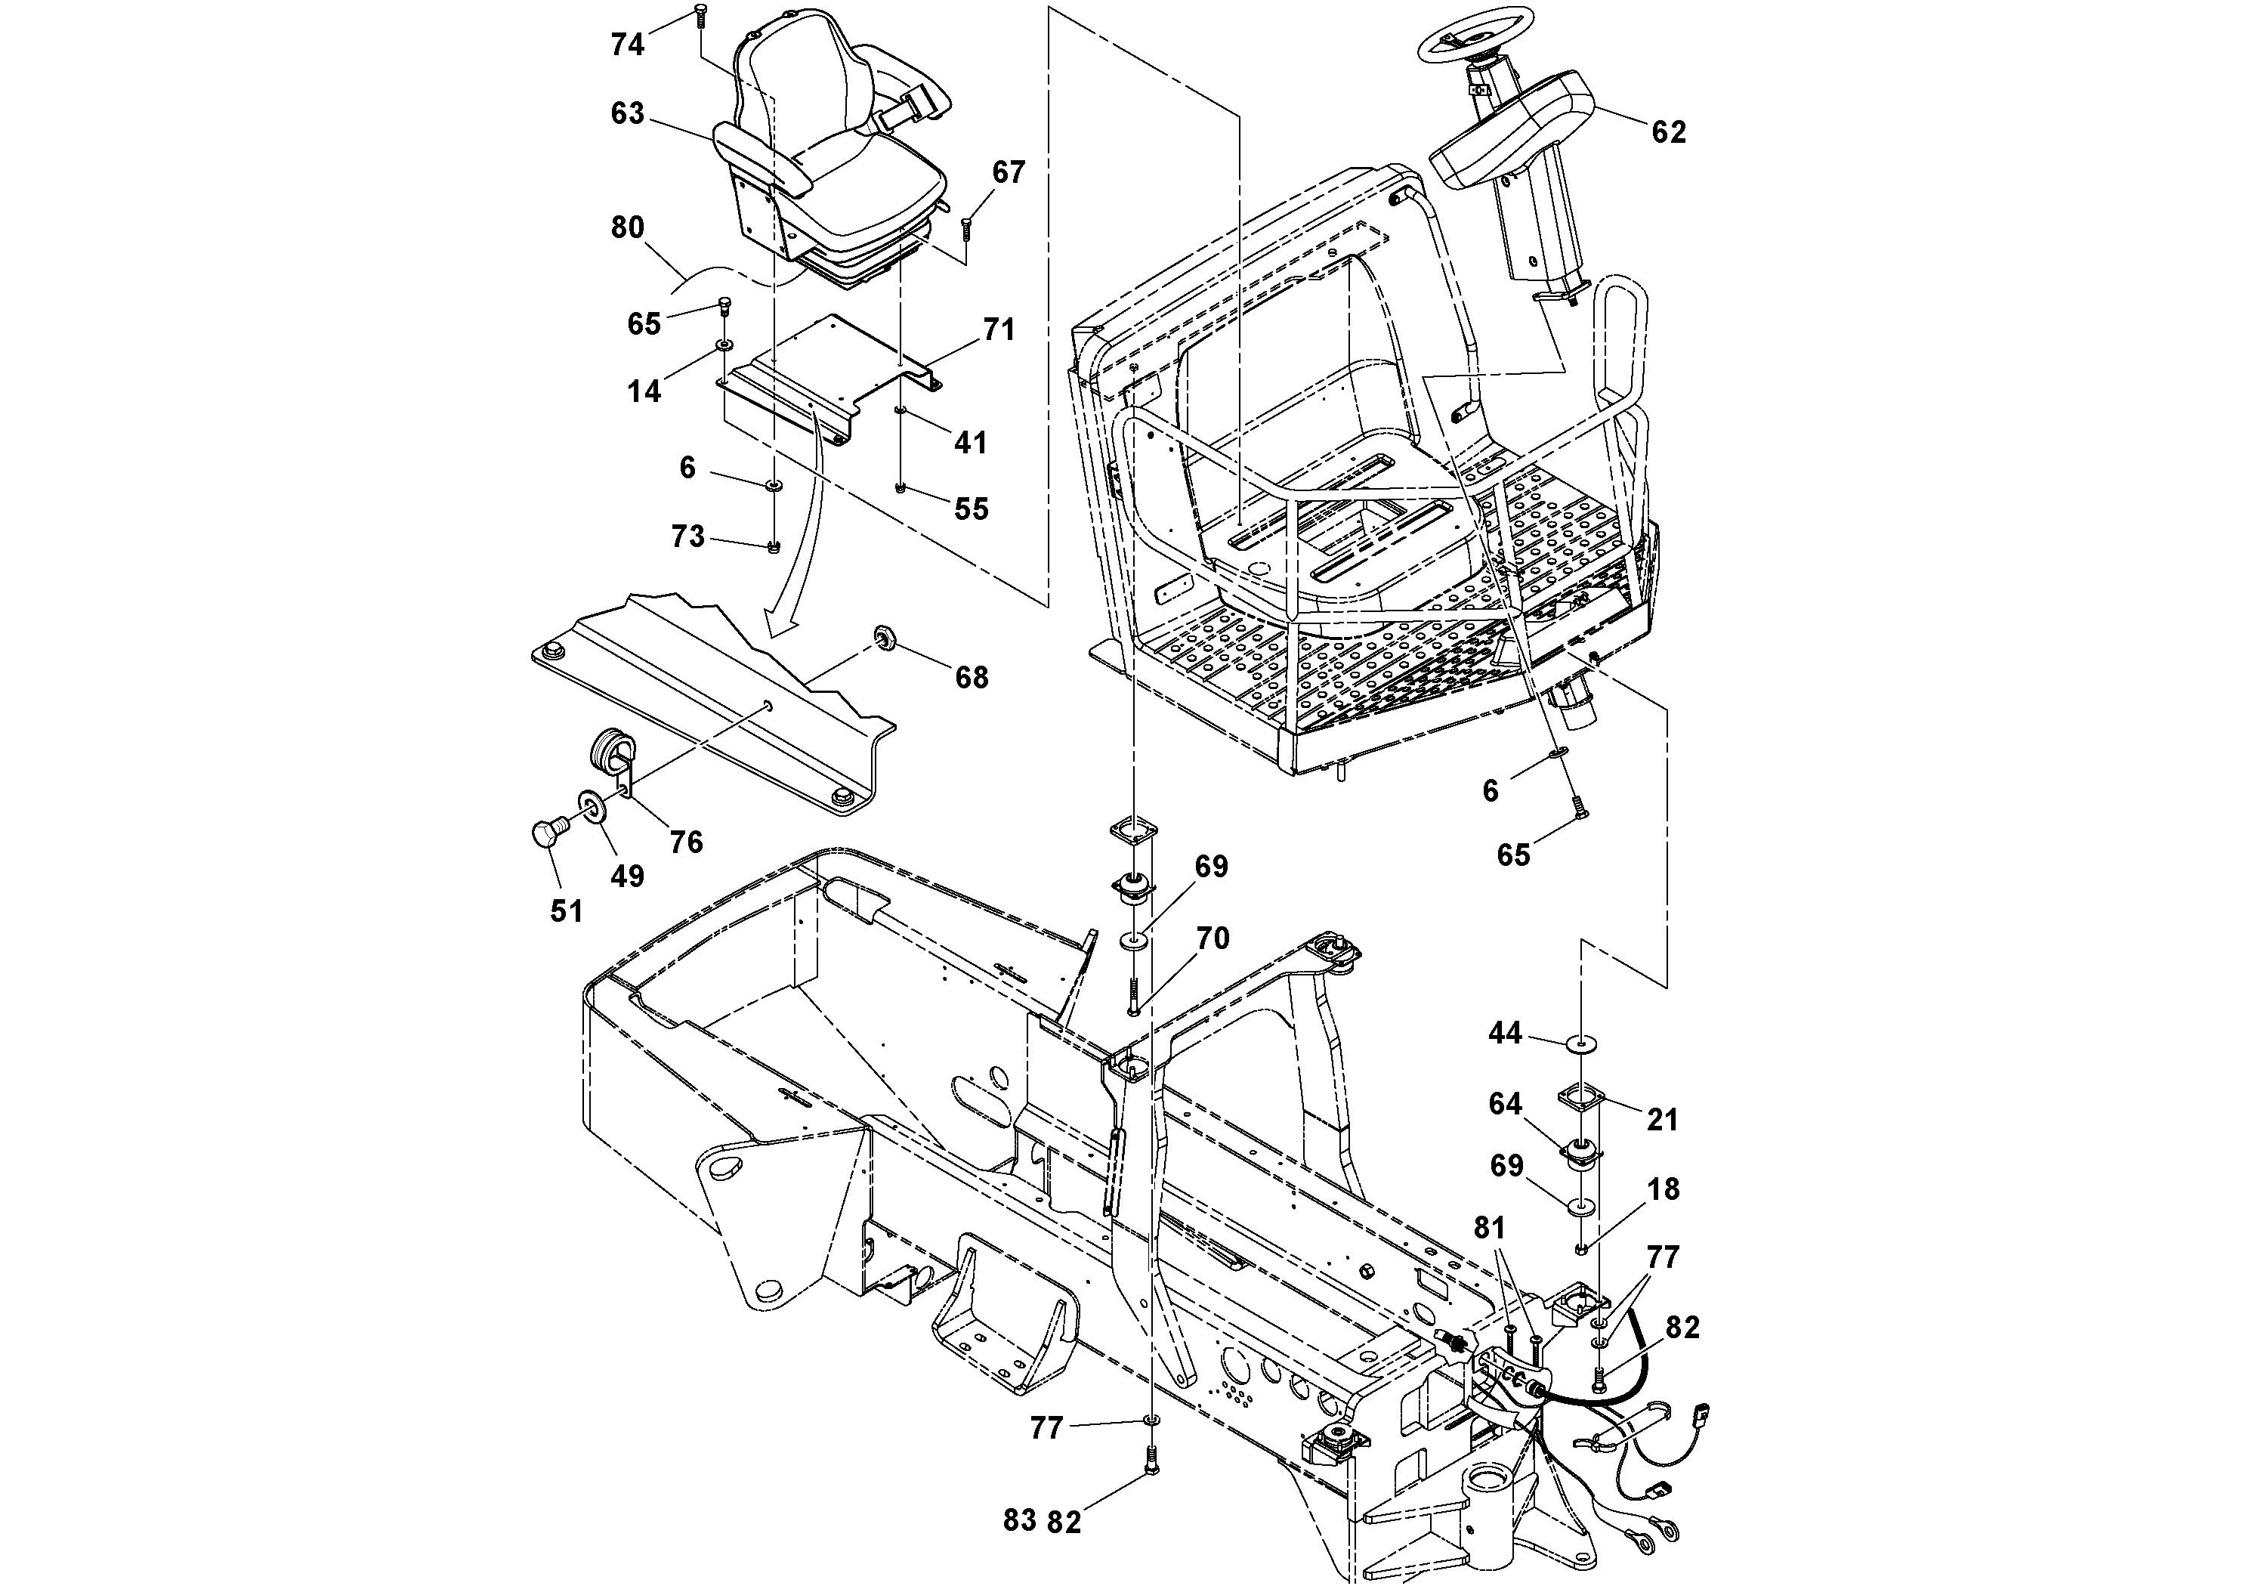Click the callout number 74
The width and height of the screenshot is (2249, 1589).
click(627, 44)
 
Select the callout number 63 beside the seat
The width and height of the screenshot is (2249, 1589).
click(627, 113)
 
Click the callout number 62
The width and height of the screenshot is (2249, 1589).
click(1668, 131)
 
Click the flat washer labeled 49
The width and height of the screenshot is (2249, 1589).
click(592, 807)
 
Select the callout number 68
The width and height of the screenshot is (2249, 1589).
click(971, 677)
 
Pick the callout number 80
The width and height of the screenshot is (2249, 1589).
click(627, 227)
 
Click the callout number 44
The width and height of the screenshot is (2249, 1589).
click(1505, 1033)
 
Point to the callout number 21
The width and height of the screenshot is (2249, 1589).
click(1662, 1119)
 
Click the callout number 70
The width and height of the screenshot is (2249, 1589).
click(1213, 938)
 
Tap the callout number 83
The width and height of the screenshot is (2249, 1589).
click(1020, 1520)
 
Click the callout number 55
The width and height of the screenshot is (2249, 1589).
click(971, 509)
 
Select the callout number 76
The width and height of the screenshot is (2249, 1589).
click(687, 842)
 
